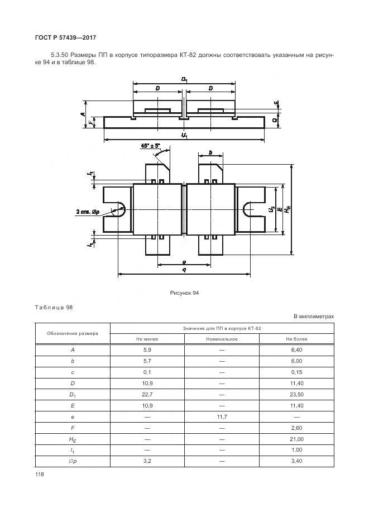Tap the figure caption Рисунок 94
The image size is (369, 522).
click(184, 293)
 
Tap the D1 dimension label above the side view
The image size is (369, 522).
click(184, 80)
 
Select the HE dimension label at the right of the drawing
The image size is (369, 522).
click(288, 209)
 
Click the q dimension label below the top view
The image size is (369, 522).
click(184, 270)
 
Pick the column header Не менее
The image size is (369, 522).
click(147, 339)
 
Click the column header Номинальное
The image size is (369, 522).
click(222, 339)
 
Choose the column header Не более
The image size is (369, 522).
click(296, 339)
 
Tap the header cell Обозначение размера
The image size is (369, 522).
click(73, 333)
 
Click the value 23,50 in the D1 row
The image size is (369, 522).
click(296, 395)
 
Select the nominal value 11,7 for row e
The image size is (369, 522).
click(222, 418)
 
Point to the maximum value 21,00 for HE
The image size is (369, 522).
click(296, 440)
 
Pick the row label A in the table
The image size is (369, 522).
click(73, 350)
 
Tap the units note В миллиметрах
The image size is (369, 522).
click(314, 317)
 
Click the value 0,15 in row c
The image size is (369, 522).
click(296, 372)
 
